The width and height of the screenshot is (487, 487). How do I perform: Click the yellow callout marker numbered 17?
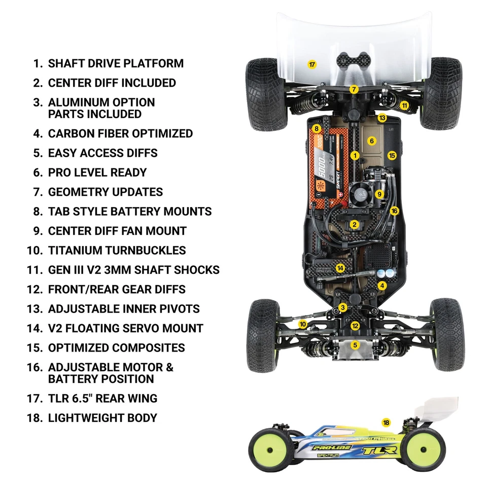click(312, 64)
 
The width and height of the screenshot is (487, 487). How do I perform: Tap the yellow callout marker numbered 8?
click(317, 129)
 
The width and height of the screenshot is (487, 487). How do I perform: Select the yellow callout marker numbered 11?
click(404, 106)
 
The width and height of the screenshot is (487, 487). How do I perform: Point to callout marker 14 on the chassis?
click(340, 268)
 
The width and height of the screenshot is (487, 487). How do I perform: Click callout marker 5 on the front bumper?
click(355, 345)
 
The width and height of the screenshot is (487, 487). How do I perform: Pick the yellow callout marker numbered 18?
click(386, 422)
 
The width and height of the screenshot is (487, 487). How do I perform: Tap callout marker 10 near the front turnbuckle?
click(302, 324)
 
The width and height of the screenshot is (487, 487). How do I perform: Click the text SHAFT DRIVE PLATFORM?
click(116, 63)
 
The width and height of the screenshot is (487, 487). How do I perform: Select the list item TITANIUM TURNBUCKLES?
click(117, 250)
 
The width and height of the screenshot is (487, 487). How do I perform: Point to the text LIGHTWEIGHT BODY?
click(102, 418)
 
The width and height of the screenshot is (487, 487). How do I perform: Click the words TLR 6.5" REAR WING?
click(102, 398)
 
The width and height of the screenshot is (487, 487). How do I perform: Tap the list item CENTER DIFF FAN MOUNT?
click(117, 231)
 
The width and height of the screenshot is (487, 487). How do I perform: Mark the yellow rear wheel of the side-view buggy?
click(424, 448)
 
